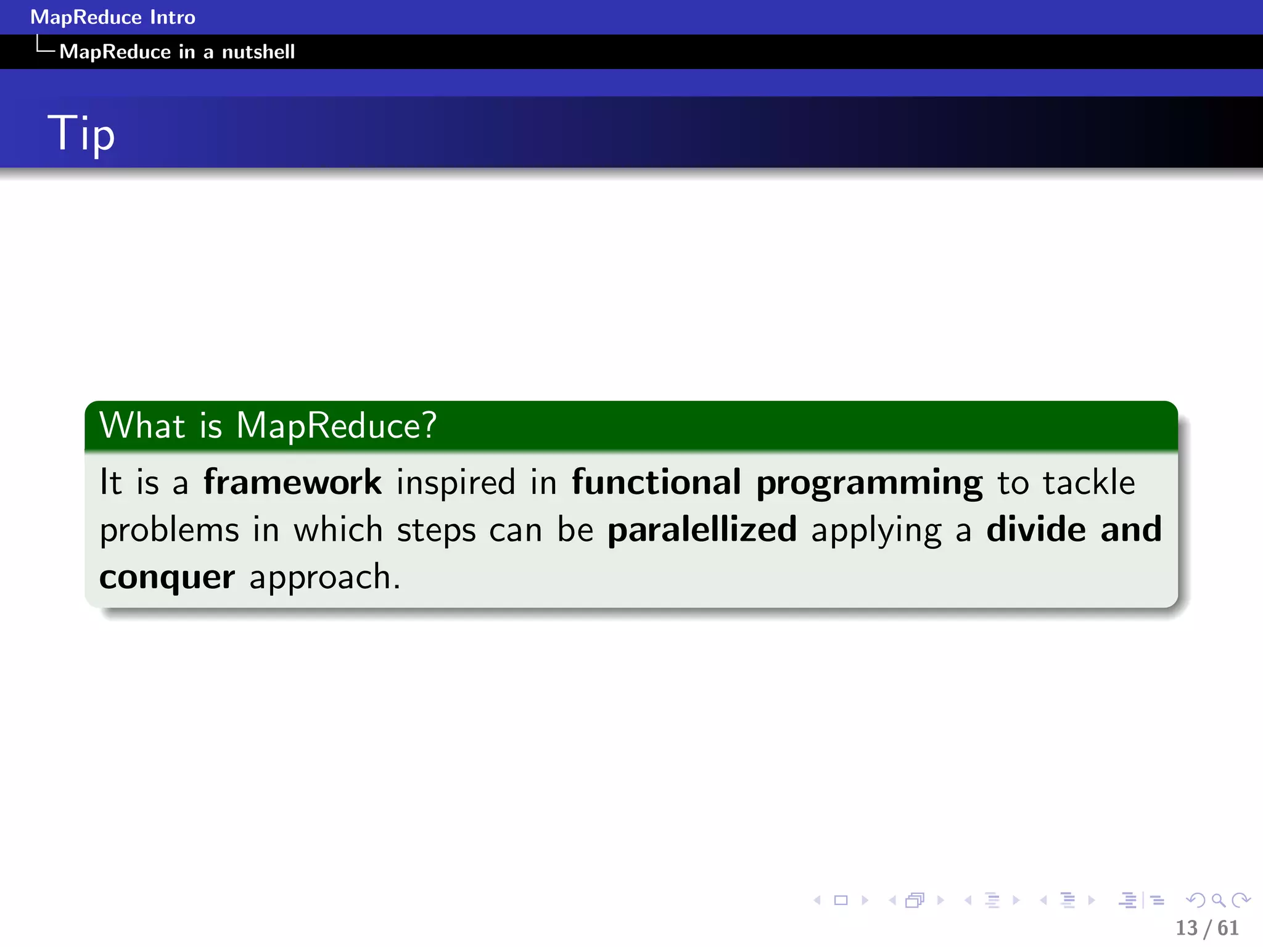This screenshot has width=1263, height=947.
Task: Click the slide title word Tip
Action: (x=81, y=133)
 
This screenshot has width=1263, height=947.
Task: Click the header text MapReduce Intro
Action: (x=113, y=17)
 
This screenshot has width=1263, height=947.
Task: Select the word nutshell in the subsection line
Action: (x=258, y=52)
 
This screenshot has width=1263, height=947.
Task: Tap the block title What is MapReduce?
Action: (x=268, y=425)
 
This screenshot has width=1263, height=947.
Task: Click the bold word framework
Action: (x=293, y=482)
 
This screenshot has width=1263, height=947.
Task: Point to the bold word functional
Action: (x=656, y=482)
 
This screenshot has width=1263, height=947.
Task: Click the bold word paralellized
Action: (x=702, y=530)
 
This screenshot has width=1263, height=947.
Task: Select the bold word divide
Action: (x=1036, y=530)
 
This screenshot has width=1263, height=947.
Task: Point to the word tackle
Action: (x=1088, y=482)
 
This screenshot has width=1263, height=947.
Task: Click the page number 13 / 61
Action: (x=1207, y=928)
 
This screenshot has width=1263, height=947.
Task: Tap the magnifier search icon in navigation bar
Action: (x=1218, y=901)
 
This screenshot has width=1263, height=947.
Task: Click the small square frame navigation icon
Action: (x=841, y=901)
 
